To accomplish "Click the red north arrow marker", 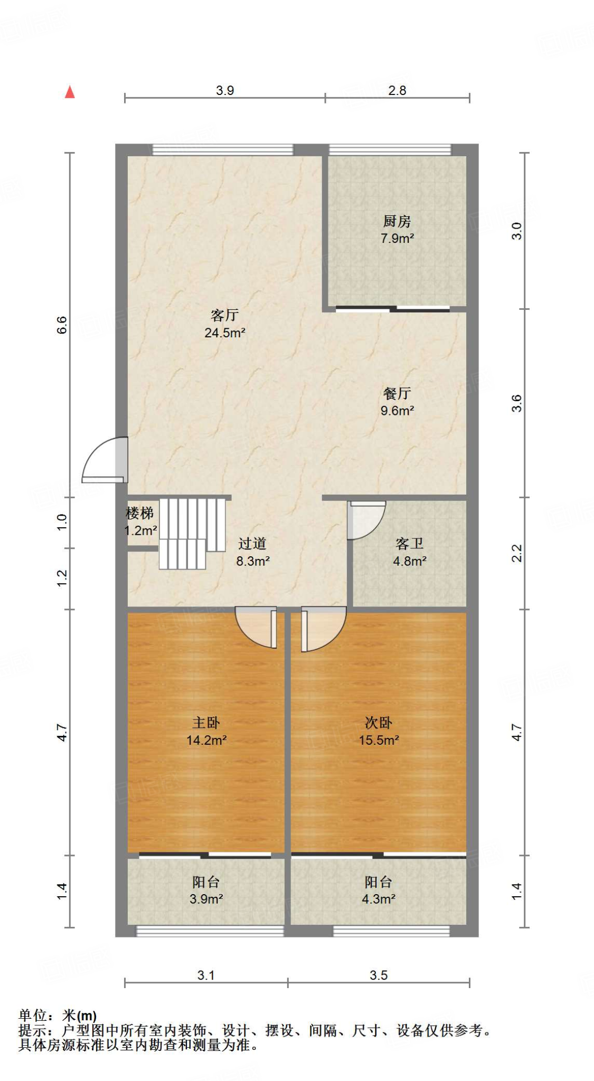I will click(x=70, y=92).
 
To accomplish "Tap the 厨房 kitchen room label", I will click(x=397, y=221).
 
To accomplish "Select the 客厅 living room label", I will click(x=224, y=315).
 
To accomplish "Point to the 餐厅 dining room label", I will click(x=397, y=393).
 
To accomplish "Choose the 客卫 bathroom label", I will click(x=409, y=544).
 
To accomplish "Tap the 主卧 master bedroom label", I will click(x=206, y=723).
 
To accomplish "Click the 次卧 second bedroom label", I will click(x=379, y=723).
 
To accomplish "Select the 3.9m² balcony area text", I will click(x=206, y=899).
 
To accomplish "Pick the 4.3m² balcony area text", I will click(x=379, y=899).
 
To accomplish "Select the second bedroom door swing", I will click(x=323, y=628).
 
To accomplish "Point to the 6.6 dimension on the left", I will click(x=62, y=325).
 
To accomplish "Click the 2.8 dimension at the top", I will click(x=397, y=90).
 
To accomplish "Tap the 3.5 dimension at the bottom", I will click(x=379, y=975).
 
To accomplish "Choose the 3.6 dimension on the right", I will click(x=516, y=403).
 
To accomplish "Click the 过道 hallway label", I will click(x=252, y=544).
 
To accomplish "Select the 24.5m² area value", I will click(x=224, y=333).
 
